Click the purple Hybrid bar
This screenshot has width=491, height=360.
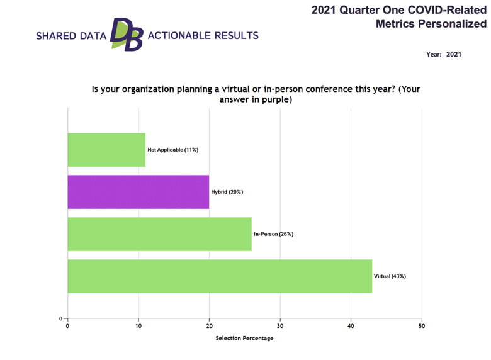coord(138,192)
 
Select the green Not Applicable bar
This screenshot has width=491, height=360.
coord(106,150)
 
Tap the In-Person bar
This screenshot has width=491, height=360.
coord(159,234)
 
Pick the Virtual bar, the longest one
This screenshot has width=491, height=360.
coord(220,276)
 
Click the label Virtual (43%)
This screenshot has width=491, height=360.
coord(390,276)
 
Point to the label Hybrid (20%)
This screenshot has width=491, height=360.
coord(227,192)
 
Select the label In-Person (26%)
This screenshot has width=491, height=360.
coord(273,234)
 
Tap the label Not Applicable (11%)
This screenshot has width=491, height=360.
coord(173,150)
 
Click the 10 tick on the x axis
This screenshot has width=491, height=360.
coord(138,326)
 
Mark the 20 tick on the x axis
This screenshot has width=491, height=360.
coord(209,326)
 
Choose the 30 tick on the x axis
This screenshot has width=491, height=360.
coord(280,326)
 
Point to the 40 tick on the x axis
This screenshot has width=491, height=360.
coord(351,326)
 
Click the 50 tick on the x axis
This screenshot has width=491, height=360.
coord(422,326)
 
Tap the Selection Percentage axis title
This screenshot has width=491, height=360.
coord(244,339)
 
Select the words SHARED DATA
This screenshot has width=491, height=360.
coord(71,36)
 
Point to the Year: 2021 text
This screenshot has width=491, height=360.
coord(444,54)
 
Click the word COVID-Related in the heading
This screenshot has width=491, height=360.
coord(450,9)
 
